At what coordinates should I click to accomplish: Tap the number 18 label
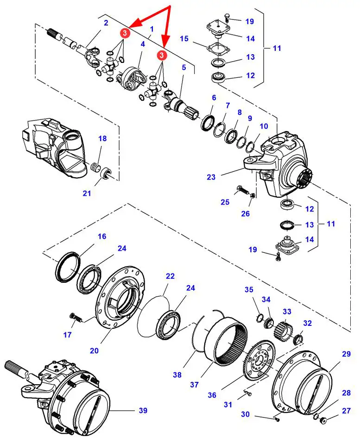tap(102, 138)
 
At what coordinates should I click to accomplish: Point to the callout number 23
tap(211, 177)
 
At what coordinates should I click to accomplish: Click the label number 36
tap(212, 395)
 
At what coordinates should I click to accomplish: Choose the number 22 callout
tap(170, 276)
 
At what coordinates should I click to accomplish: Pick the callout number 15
tap(184, 38)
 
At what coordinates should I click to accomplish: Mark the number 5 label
tap(183, 68)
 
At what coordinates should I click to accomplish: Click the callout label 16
tap(101, 237)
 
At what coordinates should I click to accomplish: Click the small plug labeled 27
tap(324, 420)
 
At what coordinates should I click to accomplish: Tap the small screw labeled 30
tap(277, 420)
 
